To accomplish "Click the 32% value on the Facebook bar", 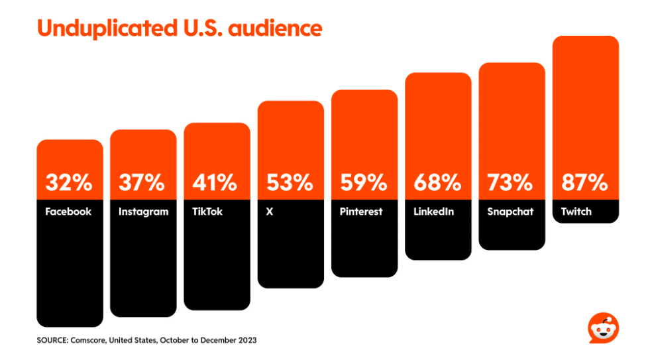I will tap(70, 182).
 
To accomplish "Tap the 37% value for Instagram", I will tap(142, 182).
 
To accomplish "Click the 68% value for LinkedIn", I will tap(438, 182).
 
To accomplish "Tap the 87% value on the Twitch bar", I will tap(585, 182).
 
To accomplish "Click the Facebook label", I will tap(68, 212).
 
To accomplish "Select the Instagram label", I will tap(143, 212).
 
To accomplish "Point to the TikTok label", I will tap(207, 212).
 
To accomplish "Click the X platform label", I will tap(269, 212).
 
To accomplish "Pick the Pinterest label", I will tap(361, 212).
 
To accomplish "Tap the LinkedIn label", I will tap(434, 212).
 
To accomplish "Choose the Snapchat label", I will tap(510, 212).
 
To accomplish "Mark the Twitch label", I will tap(576, 212).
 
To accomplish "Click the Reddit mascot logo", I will tap(602, 328).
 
